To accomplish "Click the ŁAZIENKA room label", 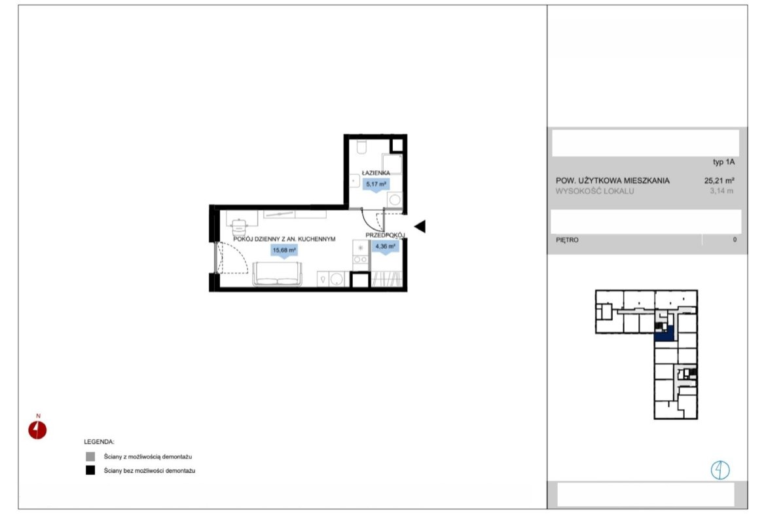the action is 376,172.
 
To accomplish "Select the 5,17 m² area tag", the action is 376,184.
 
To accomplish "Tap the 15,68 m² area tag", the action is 284,250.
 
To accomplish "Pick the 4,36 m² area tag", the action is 386,246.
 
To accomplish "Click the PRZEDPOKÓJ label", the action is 386,235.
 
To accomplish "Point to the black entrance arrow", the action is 420,226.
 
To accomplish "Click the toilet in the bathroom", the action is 362,147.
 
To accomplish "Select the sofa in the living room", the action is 277,274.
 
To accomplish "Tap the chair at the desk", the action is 239,228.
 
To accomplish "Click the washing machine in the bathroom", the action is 394,199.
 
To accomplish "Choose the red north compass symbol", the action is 37,429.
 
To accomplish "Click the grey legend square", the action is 90,456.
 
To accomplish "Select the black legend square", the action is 90,470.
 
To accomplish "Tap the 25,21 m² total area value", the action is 720,180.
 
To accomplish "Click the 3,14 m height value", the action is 721,191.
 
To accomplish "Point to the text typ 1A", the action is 723,162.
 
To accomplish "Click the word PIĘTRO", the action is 567,240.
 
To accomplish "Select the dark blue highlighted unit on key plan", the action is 665,334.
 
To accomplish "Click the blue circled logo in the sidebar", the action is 720,470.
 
